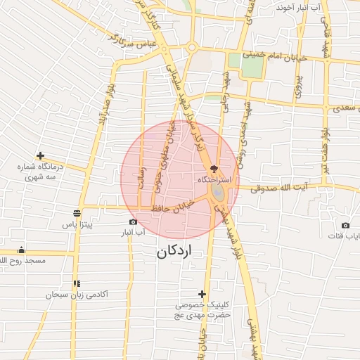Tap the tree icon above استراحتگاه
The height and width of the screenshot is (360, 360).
tap(214, 169)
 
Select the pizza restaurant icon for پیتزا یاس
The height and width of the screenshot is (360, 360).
tap(77, 213)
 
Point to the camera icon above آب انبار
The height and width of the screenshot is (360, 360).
tap(134, 221)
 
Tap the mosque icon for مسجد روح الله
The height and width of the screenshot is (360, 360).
tap(22, 250)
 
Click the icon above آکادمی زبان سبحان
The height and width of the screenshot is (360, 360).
tap(77, 283)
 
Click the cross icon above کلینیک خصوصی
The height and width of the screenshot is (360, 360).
tap(202, 294)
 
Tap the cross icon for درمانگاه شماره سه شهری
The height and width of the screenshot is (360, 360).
tap(40, 155)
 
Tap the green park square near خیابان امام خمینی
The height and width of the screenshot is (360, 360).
tap(250, 65)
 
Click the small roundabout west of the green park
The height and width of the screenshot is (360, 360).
tap(191, 48)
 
